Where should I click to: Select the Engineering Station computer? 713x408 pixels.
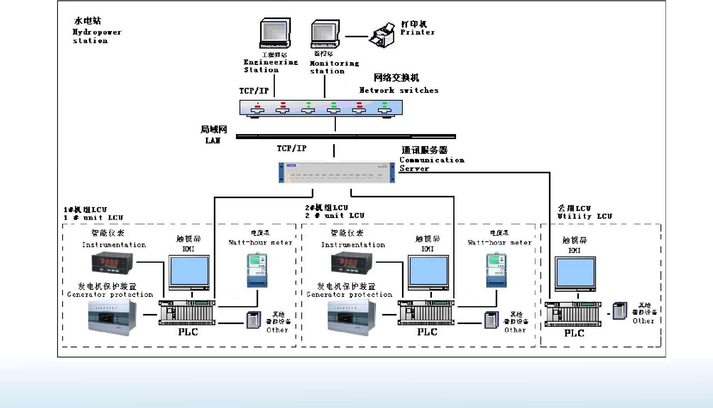click(275, 33)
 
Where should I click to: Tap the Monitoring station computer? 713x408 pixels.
click(325, 34)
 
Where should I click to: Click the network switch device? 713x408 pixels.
click(321, 108)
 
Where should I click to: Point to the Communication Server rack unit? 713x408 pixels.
click(337, 173)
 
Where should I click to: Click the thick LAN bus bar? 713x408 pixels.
click(346, 136)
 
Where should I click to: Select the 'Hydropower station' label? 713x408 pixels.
click(96, 36)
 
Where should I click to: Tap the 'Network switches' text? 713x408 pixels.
click(399, 90)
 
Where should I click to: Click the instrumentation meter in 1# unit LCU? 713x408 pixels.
click(112, 263)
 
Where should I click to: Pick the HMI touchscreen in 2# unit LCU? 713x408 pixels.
click(428, 272)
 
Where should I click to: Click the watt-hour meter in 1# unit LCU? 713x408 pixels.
click(257, 270)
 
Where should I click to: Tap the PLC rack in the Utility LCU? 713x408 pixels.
click(573, 314)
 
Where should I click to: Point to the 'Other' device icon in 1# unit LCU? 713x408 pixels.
click(254, 320)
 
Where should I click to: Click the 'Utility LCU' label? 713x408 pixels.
click(584, 216)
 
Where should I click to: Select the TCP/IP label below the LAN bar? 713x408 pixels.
click(292, 148)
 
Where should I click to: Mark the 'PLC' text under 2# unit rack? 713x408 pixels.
click(427, 332)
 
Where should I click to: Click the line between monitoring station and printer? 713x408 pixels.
click(356, 37)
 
